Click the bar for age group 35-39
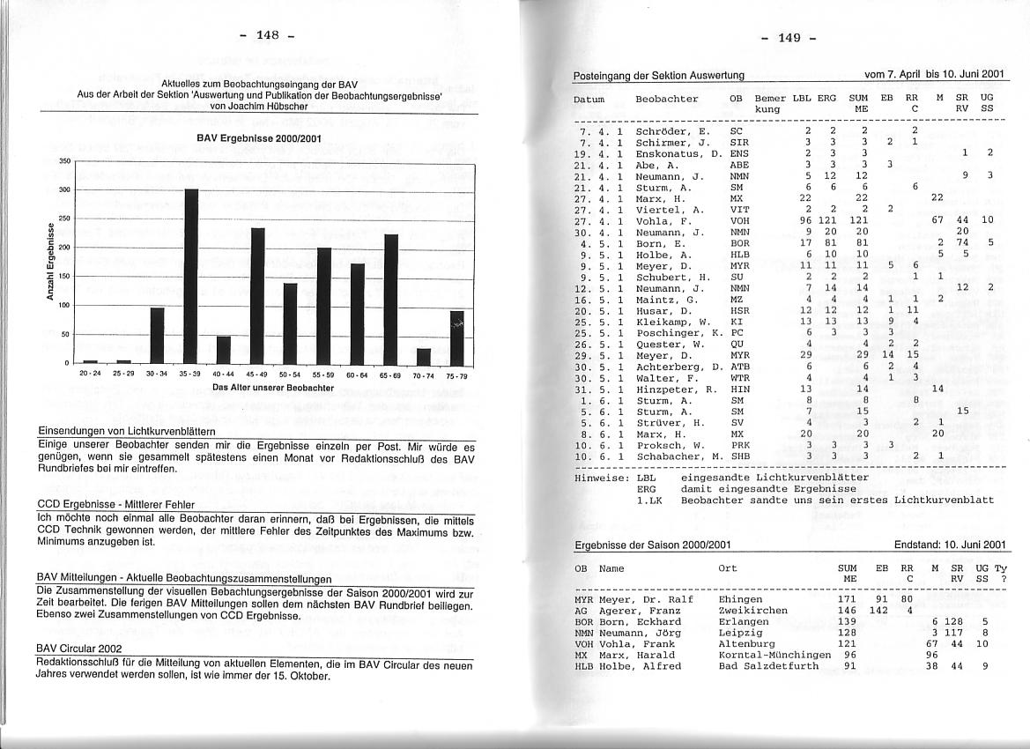pyautogui.click(x=191, y=276)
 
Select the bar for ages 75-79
pyautogui.click(x=456, y=337)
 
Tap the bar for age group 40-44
pyautogui.click(x=224, y=350)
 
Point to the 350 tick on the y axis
pyautogui.click(x=64, y=162)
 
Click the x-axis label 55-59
pyautogui.click(x=324, y=374)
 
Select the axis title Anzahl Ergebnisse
pyautogui.click(x=52, y=262)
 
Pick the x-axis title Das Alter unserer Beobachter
pyautogui.click(x=272, y=388)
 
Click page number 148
pyautogui.click(x=267, y=35)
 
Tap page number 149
pyautogui.click(x=789, y=38)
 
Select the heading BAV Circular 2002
pyautogui.click(x=79, y=648)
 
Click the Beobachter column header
pyautogui.click(x=666, y=99)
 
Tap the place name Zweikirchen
pyautogui.click(x=753, y=610)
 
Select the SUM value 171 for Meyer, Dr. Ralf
pyautogui.click(x=847, y=599)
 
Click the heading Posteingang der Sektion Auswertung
pyautogui.click(x=658, y=76)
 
